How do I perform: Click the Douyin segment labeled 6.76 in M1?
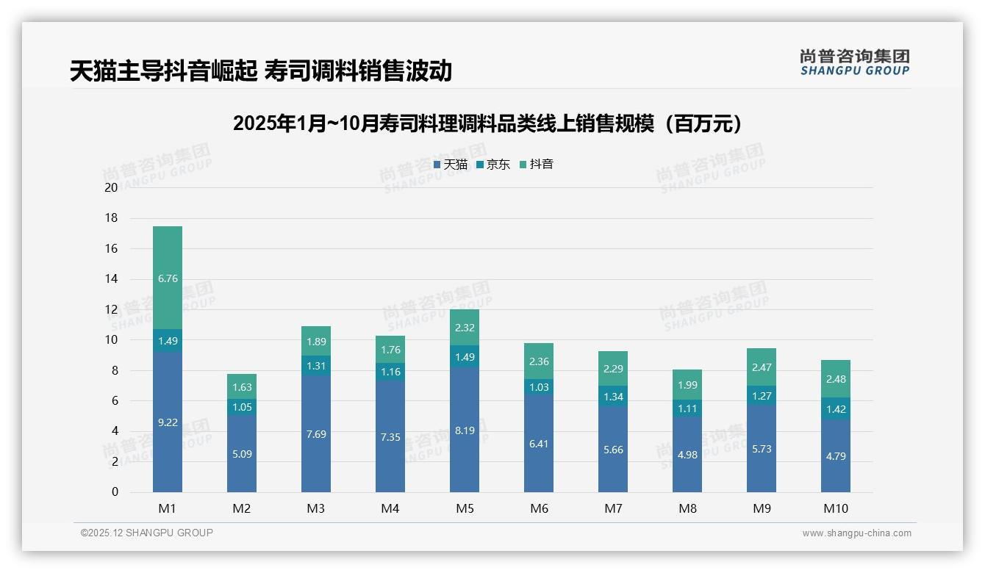pos(168,278)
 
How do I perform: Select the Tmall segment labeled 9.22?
pos(168,422)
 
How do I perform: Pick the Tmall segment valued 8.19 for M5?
pos(465,430)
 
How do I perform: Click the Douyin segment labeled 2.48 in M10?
pos(836,379)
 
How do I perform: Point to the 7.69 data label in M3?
pos(316,434)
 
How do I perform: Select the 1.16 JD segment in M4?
pos(390,372)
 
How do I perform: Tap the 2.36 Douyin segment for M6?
pos(539,361)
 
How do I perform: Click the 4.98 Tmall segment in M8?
pos(687,454)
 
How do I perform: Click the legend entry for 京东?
pos(492,165)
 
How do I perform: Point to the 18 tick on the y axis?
pos(111,218)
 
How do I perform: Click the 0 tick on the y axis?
pos(115,492)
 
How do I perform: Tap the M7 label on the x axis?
pos(613,508)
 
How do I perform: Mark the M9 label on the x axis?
pos(762,508)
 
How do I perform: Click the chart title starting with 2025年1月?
pos(487,124)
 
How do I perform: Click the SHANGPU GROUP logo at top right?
pos(854,62)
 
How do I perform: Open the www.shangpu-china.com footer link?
pos(856,533)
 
